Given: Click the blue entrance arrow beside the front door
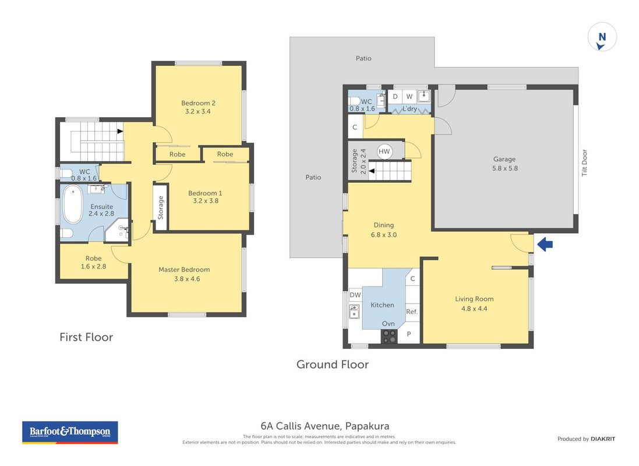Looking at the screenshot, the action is point(545,245).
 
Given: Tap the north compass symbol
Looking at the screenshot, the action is point(602,37).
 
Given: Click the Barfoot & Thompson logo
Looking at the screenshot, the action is point(70,432).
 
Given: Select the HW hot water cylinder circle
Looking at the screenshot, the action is point(384,151).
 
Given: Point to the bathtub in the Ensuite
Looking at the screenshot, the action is point(73,204).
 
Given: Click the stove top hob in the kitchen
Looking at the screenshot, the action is point(389,336).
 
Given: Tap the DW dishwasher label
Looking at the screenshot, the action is point(355,295).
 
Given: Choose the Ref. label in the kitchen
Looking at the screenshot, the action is point(412,312).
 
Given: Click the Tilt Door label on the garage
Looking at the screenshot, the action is point(584,163).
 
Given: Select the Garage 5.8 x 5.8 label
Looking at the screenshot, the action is point(504,164).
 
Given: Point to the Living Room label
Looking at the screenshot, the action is point(474,299).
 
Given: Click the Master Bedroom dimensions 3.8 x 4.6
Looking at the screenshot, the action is point(187,279).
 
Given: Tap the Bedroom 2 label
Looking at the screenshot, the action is point(198,103).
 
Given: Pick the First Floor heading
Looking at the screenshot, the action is point(86,337).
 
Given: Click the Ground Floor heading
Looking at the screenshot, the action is point(333,365).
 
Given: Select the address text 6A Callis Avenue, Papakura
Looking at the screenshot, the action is point(325,426).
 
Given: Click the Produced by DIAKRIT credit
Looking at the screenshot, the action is point(587,439).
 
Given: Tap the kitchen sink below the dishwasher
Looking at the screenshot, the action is point(354,312).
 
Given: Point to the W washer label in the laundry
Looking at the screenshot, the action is point(409,97).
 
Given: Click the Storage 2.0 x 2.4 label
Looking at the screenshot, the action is point(359,161).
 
